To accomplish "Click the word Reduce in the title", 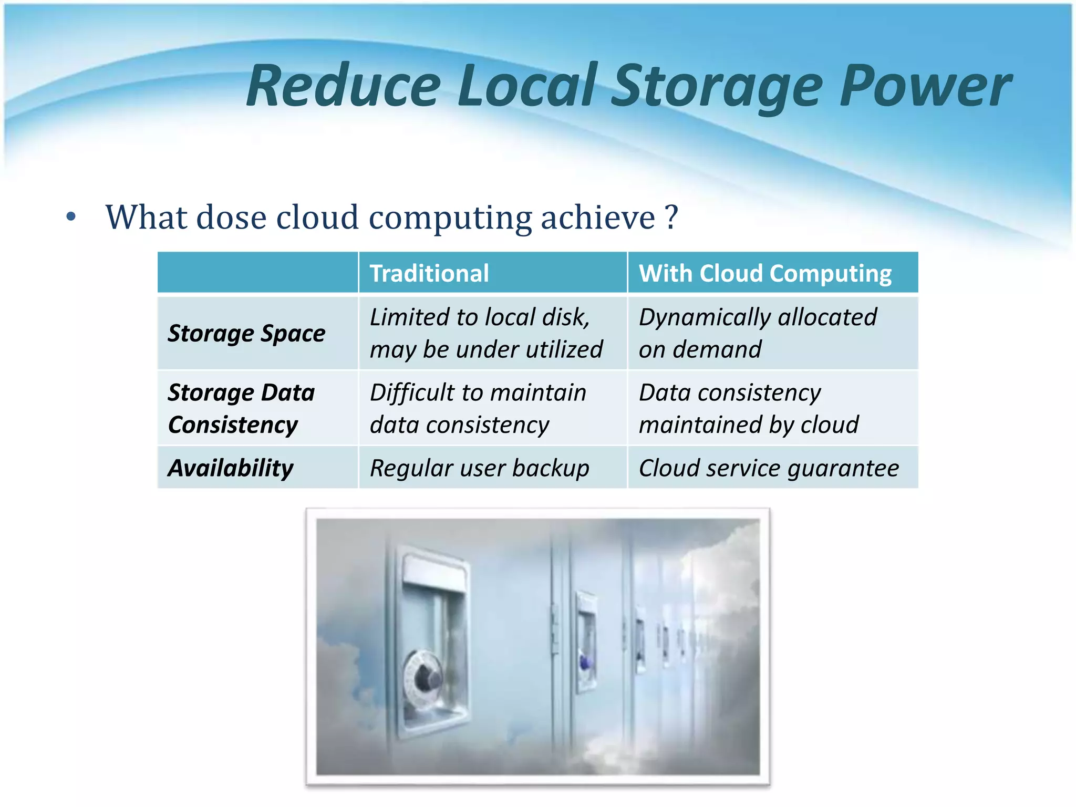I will [344, 86].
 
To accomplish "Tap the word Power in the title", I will [925, 86].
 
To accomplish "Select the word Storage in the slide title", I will [718, 86].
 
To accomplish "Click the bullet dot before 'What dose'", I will [71, 217].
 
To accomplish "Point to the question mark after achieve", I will [671, 217].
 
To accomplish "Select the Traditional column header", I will [429, 273].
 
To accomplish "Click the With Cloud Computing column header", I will [765, 273].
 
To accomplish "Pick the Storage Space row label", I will [246, 333].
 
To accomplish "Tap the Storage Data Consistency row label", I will [241, 408].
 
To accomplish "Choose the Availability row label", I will [231, 468].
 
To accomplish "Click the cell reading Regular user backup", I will [479, 468].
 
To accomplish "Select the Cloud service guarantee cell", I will [769, 468].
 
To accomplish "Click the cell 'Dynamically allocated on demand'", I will [758, 333].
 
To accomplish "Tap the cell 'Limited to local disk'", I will [486, 333].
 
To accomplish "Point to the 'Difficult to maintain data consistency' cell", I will [478, 408].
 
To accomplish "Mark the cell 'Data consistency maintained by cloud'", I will [749, 408].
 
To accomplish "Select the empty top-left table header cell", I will [257, 272].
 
